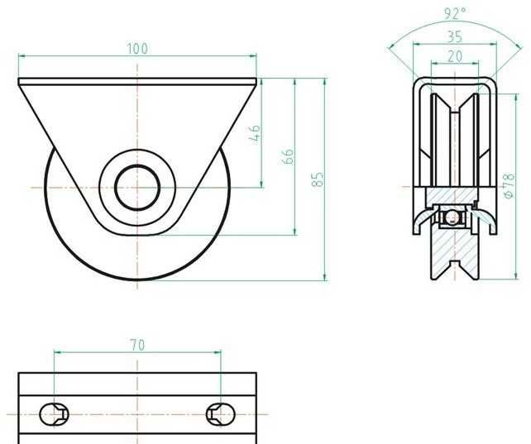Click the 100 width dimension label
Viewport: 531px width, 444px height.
(x=137, y=48)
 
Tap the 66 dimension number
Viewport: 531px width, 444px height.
(x=289, y=157)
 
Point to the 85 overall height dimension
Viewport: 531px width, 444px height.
(x=318, y=179)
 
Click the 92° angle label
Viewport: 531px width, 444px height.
(x=455, y=13)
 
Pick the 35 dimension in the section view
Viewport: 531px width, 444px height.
(x=455, y=36)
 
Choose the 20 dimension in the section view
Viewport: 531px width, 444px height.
(x=455, y=56)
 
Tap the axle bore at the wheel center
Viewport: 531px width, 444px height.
(x=137, y=187)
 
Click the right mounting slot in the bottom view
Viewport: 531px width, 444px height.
(x=221, y=413)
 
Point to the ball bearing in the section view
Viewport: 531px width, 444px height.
(x=452, y=217)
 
